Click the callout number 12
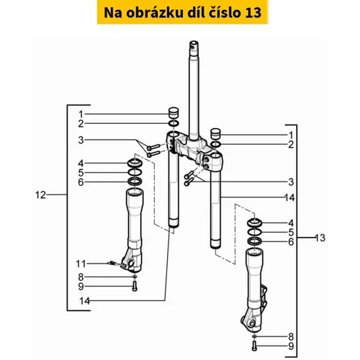tap(40, 195)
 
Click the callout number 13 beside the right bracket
tap(320, 238)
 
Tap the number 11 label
tap(81, 264)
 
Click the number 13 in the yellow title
tap(253, 13)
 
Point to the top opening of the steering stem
tap(194, 44)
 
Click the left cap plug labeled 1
tap(174, 113)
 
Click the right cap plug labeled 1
tap(215, 134)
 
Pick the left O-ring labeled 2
tap(174, 124)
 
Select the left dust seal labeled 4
tap(135, 163)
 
